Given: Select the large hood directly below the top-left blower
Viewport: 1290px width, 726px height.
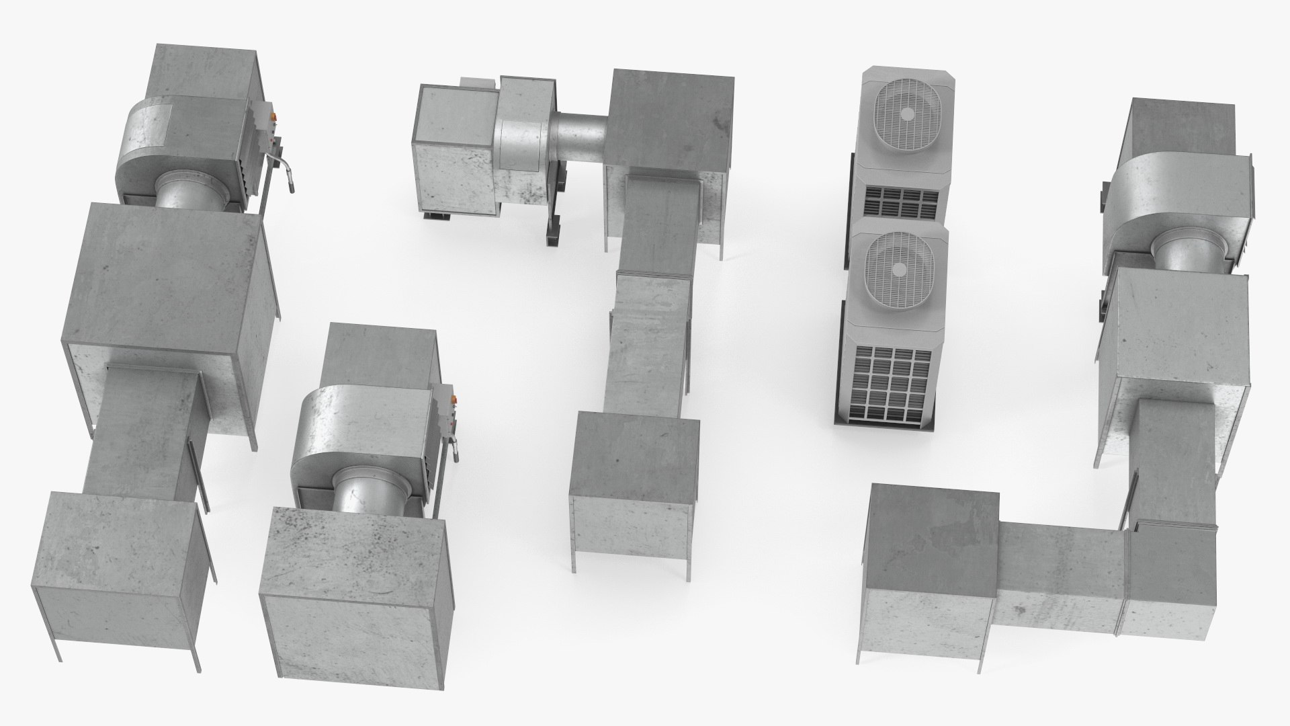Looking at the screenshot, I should [168, 289].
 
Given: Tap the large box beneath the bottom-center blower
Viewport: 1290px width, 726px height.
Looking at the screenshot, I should [353, 598].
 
